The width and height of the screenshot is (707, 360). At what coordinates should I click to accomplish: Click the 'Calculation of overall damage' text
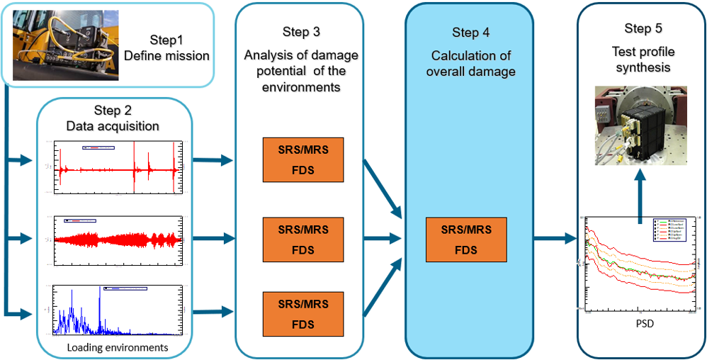(x=470, y=64)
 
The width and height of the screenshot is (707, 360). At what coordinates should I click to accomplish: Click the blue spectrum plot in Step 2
(x=113, y=310)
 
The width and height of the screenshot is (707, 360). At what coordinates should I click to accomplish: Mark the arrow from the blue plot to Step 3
(x=213, y=311)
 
